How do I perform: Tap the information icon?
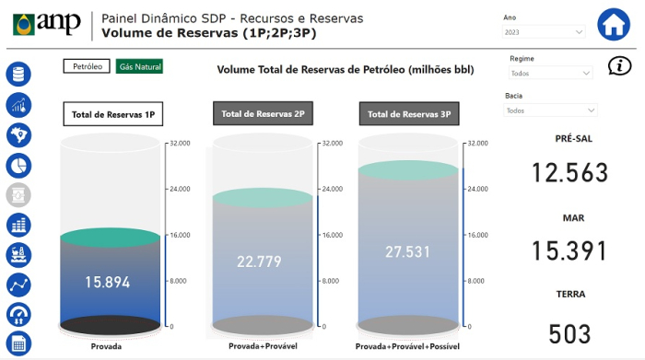[x=620, y=65]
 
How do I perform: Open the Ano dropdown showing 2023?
[x=544, y=32]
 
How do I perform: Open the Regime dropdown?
[x=549, y=73]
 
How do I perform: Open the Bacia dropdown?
[x=549, y=110]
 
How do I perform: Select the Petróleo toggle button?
[x=87, y=66]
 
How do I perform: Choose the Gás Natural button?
[x=139, y=66]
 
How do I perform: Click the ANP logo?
[x=46, y=24]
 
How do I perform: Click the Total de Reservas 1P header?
[x=112, y=115]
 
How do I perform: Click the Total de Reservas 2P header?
[x=260, y=114]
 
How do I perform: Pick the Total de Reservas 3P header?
[x=409, y=115]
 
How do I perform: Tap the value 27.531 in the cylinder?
[x=408, y=251]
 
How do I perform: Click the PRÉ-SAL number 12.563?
[x=570, y=173]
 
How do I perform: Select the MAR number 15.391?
[x=570, y=250]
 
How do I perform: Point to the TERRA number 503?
[x=570, y=333]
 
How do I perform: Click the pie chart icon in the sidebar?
[x=18, y=166]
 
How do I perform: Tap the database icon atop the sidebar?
[x=18, y=75]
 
